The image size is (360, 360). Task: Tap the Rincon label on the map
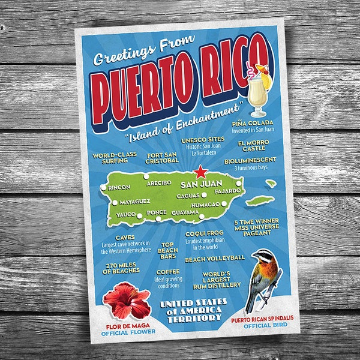(x=119, y=187)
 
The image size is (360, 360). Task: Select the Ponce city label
(x=157, y=212)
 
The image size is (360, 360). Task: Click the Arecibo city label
(x=159, y=182)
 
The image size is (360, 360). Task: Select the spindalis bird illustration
(x=263, y=277)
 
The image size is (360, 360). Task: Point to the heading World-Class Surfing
(x=115, y=158)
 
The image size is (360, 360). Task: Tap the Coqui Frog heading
(x=204, y=233)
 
